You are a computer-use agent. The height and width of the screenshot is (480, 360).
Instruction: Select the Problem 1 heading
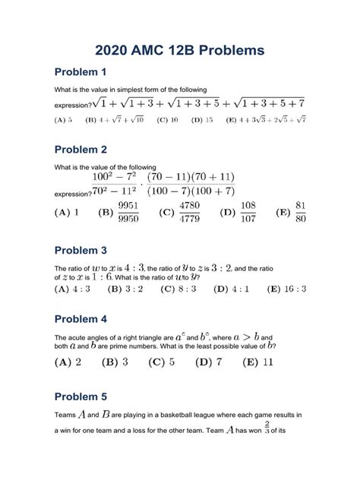[80, 73]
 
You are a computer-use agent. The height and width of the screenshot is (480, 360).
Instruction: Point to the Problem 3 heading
[80, 251]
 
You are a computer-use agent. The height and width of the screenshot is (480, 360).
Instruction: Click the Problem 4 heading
[80, 319]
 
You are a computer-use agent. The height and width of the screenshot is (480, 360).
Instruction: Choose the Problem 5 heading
[80, 397]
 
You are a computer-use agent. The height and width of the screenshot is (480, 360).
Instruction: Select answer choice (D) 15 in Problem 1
[203, 119]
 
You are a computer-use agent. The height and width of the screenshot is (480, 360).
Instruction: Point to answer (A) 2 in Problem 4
[68, 362]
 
